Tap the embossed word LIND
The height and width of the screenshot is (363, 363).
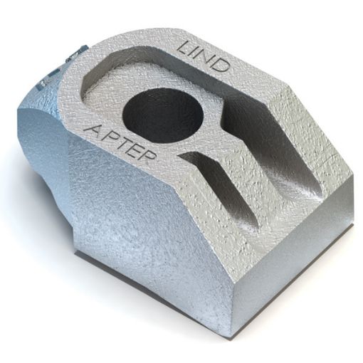click(204, 57)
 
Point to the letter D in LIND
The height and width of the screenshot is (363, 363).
click(222, 67)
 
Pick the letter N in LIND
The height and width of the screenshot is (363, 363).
click(209, 59)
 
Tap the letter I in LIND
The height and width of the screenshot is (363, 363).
click(197, 53)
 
